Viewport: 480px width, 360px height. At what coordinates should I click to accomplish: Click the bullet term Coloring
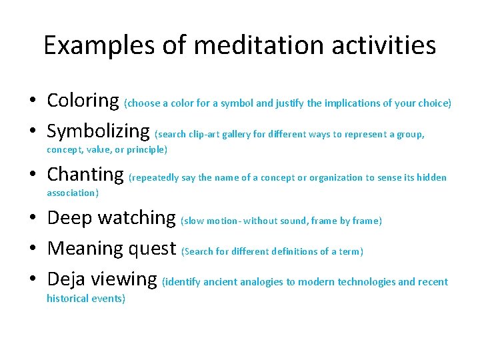point(83,101)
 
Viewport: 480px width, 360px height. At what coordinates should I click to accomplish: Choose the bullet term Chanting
point(85,175)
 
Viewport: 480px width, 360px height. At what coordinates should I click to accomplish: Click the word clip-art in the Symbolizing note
point(207,134)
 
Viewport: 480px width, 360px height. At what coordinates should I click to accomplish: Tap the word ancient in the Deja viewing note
point(223,282)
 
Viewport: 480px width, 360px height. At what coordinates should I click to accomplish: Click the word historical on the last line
point(70,298)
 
